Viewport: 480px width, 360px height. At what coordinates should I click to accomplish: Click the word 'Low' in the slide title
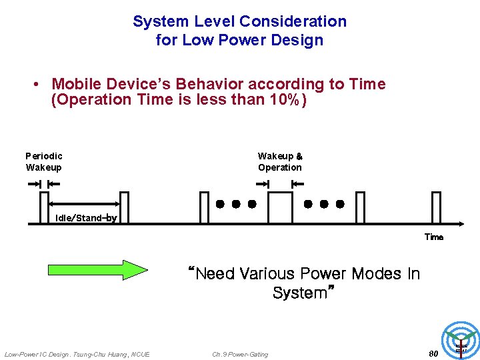click(x=199, y=40)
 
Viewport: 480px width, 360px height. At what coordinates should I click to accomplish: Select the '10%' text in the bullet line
click(x=281, y=101)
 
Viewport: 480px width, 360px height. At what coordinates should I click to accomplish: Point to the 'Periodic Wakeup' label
click(x=44, y=161)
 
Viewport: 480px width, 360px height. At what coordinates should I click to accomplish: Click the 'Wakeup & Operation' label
click(x=280, y=161)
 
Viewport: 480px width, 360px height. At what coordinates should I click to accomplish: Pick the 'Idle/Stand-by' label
click(x=86, y=218)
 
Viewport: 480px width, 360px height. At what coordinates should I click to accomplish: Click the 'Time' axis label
click(x=434, y=237)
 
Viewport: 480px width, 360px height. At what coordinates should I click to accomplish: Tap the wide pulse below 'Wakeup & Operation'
click(x=280, y=207)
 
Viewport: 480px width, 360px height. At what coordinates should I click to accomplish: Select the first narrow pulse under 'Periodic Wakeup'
click(x=45, y=207)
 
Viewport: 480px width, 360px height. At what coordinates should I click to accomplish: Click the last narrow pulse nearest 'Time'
click(x=436, y=207)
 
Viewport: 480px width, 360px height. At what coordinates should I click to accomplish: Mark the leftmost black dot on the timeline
click(x=220, y=204)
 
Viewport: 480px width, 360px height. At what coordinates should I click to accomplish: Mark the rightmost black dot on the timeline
click(x=340, y=204)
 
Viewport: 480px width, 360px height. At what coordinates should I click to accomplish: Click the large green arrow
click(x=97, y=269)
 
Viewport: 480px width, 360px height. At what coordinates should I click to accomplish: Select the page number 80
click(x=433, y=353)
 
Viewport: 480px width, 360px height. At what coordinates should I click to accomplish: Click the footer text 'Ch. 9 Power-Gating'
click(x=240, y=354)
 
